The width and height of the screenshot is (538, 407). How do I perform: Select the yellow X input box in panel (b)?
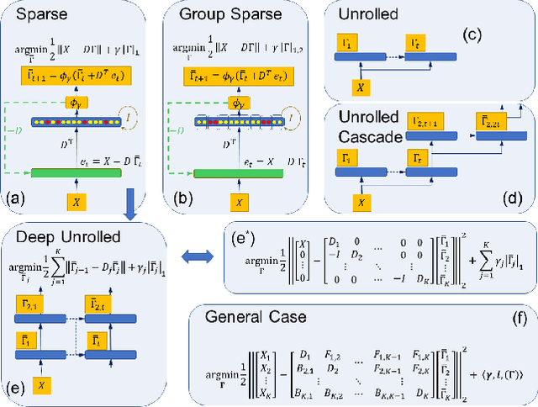click(x=239, y=202)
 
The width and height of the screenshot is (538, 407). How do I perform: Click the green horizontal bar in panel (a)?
click(x=83, y=173)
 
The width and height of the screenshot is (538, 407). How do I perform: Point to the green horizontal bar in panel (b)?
click(x=238, y=173)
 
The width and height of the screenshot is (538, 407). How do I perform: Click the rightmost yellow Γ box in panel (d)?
click(x=492, y=124)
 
